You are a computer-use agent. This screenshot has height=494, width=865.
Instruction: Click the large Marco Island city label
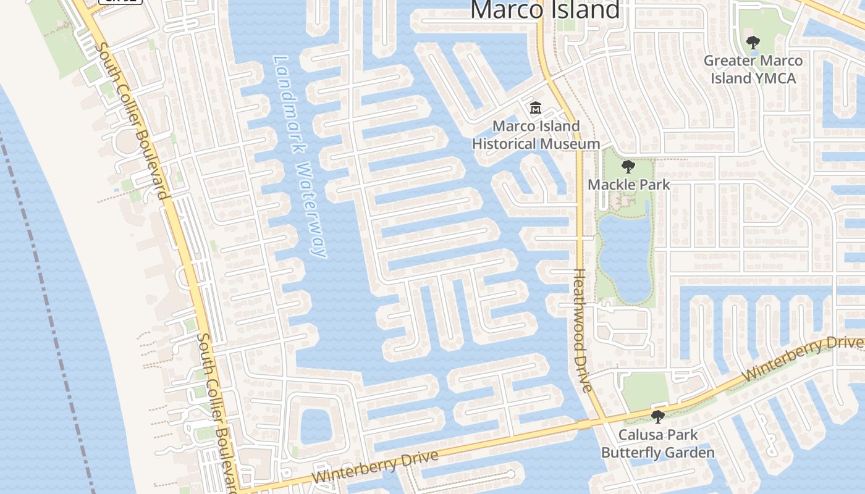[545, 10]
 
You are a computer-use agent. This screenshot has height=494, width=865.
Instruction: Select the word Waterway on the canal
[311, 210]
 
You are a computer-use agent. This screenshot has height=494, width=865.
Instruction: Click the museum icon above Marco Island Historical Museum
[535, 108]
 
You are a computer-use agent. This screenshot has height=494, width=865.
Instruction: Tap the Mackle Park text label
[628, 185]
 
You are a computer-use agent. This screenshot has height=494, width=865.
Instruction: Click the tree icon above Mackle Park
[628, 167]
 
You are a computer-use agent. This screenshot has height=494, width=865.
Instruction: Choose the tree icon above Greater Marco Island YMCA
[753, 43]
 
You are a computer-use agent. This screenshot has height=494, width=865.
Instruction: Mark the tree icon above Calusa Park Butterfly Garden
[658, 416]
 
